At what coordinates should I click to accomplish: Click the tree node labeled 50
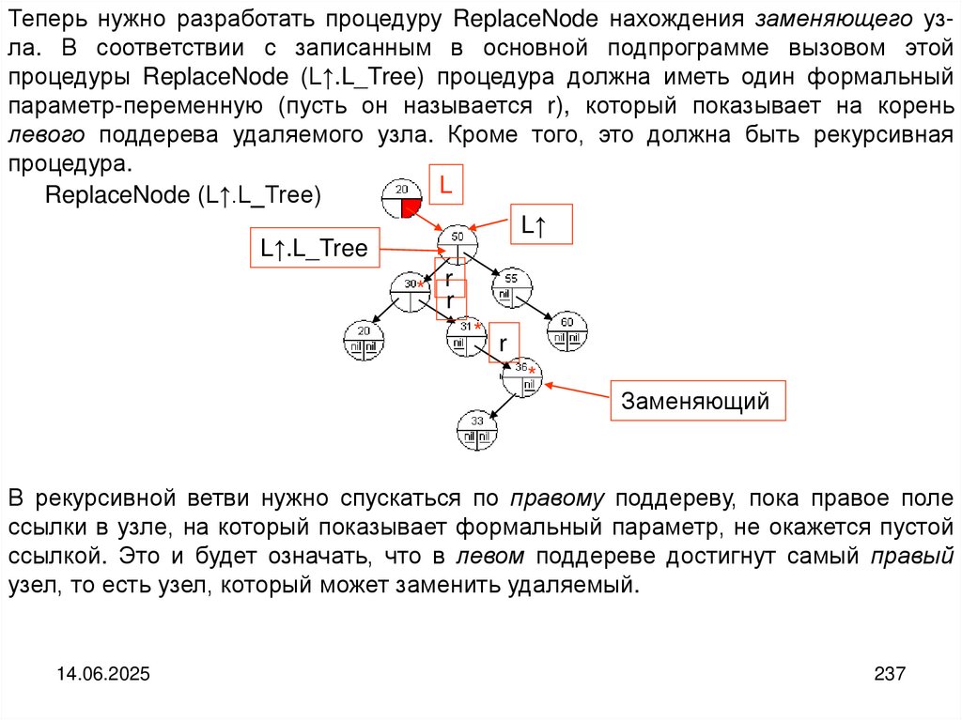point(458,246)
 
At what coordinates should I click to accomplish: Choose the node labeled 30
point(410,292)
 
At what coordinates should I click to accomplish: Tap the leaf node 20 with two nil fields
point(364,340)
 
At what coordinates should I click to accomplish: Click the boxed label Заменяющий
point(696,402)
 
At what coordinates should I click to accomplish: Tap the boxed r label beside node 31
point(503,343)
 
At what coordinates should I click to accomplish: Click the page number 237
point(889,673)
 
